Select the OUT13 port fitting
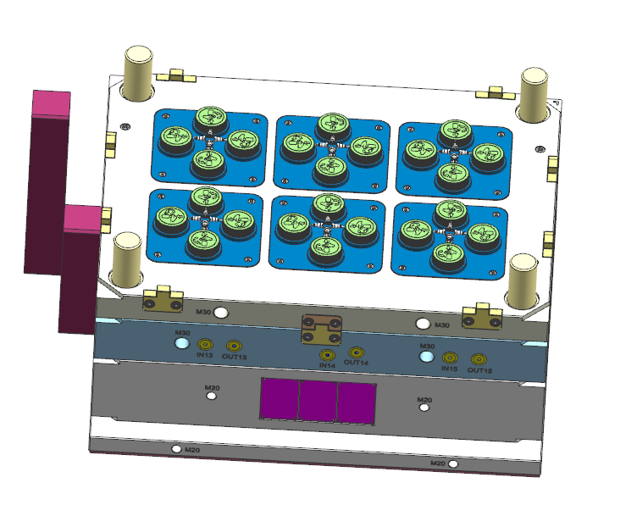[x=233, y=347]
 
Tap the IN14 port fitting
[x=326, y=355]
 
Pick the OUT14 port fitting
[x=357, y=352]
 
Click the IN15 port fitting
[x=451, y=358]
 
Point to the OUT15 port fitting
[x=479, y=360]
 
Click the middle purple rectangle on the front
[x=318, y=400]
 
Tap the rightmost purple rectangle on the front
[x=357, y=402]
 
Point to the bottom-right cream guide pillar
[x=522, y=279]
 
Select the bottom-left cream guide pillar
[x=127, y=259]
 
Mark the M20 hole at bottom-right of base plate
[x=454, y=463]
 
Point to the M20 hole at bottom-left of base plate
[x=176, y=448]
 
